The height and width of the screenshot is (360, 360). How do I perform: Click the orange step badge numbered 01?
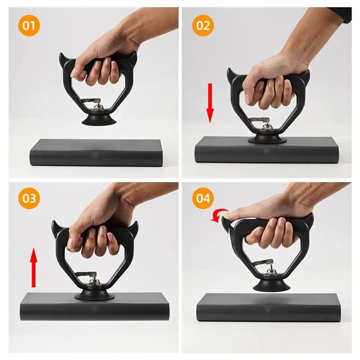point(29,25)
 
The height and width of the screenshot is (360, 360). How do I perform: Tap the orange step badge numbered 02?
point(203,25)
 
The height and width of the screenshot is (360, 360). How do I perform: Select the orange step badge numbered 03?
point(29,198)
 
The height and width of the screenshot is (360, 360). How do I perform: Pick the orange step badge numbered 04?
point(203,198)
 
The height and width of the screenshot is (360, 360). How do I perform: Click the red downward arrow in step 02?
point(210,103)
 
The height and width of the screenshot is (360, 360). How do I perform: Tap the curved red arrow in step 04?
point(219,216)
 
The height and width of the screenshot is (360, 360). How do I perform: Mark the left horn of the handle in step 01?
point(63,59)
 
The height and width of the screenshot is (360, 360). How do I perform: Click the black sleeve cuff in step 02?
point(346,13)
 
